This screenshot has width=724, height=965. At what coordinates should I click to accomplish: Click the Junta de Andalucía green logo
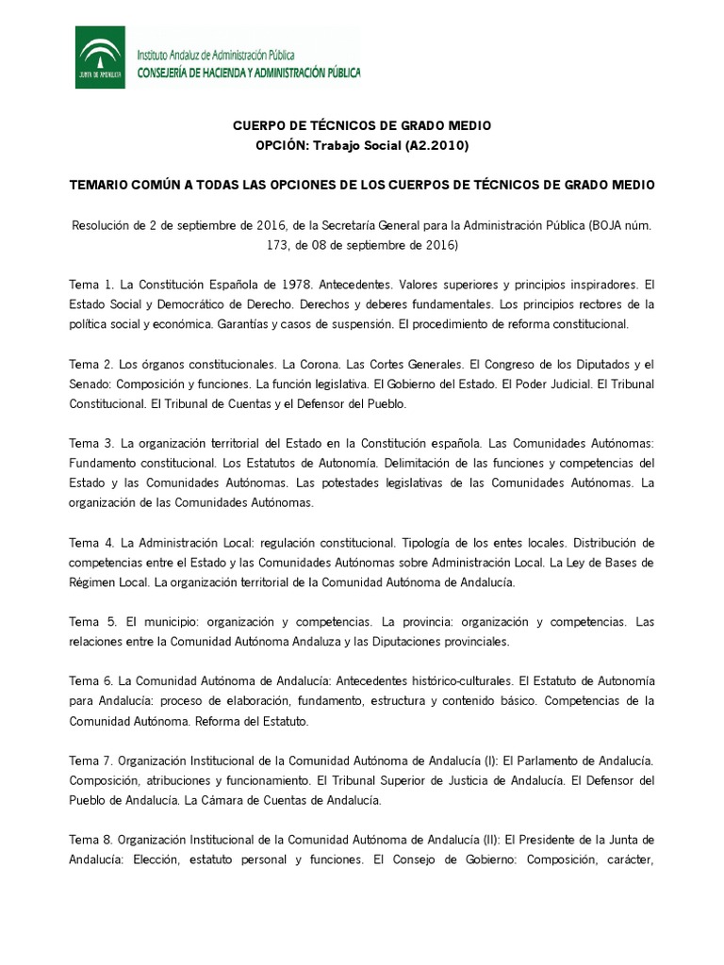(x=100, y=57)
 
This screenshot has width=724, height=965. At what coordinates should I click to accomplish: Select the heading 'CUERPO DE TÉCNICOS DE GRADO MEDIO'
(x=362, y=125)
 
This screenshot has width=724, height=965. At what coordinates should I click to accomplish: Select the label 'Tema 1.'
(x=91, y=284)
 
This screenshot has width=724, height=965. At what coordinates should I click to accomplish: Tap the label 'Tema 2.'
(x=91, y=364)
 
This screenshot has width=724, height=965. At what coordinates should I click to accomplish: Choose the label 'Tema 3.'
(x=91, y=443)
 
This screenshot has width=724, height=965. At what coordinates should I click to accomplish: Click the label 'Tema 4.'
(x=91, y=543)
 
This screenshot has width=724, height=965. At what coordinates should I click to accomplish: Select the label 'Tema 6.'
(x=91, y=681)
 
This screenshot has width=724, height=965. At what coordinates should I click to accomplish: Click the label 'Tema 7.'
(x=91, y=761)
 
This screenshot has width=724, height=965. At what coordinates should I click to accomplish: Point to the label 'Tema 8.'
(x=91, y=840)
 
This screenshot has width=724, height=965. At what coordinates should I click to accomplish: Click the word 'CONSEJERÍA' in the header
(x=171, y=73)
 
